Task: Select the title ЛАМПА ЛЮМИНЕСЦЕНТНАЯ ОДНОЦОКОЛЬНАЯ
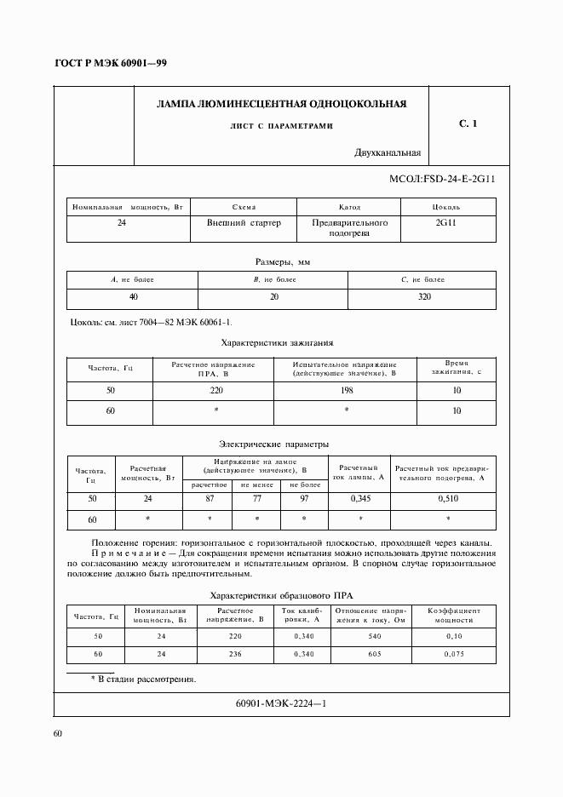[282, 104]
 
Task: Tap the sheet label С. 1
[468, 124]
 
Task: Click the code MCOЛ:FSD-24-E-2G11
[442, 181]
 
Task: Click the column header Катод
[350, 207]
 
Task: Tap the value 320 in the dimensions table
[424, 296]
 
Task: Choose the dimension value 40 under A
[133, 296]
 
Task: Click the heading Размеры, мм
[282, 262]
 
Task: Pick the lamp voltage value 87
[209, 498]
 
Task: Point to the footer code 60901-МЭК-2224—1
[280, 703]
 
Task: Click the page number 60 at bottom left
[58, 733]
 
